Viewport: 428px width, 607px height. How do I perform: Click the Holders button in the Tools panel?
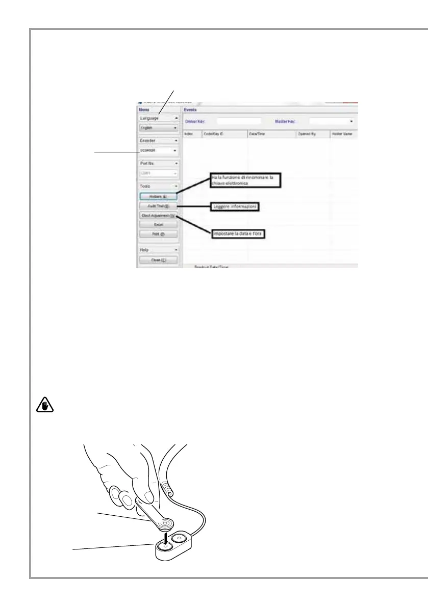click(158, 196)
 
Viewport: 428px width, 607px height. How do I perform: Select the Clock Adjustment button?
click(158, 215)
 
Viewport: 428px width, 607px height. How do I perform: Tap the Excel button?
click(158, 224)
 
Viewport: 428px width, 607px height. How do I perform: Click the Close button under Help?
click(158, 260)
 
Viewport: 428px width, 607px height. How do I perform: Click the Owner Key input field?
click(239, 121)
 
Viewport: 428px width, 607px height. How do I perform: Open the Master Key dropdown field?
click(332, 121)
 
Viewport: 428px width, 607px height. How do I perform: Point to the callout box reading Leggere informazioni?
click(235, 207)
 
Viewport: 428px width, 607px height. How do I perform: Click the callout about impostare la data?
click(238, 233)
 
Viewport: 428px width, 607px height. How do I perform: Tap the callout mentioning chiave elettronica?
click(246, 181)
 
